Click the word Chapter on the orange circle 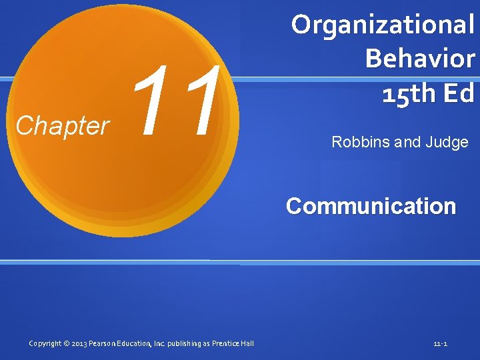[x=62, y=125]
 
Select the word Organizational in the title [x=383, y=25]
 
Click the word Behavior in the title [x=420, y=59]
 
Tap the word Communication [x=371, y=206]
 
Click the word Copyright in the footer [x=45, y=343]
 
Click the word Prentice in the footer [x=228, y=343]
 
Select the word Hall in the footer [x=248, y=343]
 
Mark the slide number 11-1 [x=440, y=344]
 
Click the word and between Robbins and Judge [x=407, y=142]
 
